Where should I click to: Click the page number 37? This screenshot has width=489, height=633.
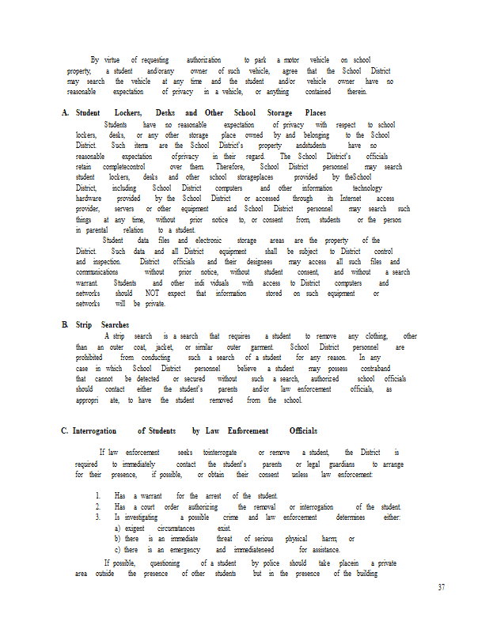pos(442,586)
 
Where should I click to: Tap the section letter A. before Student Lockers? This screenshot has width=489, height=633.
pos(65,113)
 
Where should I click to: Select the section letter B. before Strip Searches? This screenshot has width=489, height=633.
pos(65,325)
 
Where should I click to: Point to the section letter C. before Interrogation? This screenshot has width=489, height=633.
pos(65,430)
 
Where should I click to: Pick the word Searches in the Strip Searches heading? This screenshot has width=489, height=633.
pos(115,325)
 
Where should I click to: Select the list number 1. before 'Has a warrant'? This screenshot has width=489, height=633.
pos(97,496)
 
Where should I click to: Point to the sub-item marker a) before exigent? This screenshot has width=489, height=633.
pos(118,528)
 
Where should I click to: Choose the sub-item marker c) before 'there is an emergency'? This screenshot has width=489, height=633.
pos(118,550)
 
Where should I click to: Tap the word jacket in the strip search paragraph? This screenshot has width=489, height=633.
pos(165,347)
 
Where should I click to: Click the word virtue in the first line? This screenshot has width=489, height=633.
pos(110,60)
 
